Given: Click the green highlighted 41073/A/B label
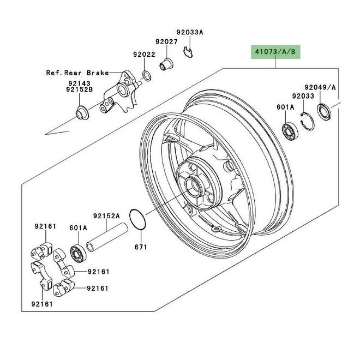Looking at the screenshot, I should pyautogui.click(x=275, y=52).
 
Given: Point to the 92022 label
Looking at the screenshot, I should pyautogui.click(x=144, y=55).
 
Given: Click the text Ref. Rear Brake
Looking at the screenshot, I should pyautogui.click(x=77, y=72).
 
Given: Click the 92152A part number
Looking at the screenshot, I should pyautogui.click(x=106, y=215).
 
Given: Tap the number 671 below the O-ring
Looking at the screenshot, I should pyautogui.click(x=141, y=247).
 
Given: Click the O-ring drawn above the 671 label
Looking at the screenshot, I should pyautogui.click(x=137, y=218).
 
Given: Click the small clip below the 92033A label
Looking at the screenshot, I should pyautogui.click(x=188, y=52).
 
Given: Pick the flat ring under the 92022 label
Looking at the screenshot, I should pyautogui.click(x=147, y=74).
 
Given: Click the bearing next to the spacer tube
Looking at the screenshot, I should pyautogui.click(x=80, y=253).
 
